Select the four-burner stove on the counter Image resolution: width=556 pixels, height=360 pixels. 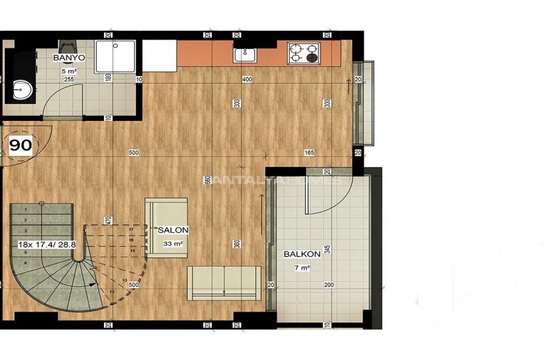(303, 52)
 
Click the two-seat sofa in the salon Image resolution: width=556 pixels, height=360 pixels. (224, 282)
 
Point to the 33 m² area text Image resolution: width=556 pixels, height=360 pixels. (173, 244)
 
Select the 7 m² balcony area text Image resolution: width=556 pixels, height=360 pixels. (302, 268)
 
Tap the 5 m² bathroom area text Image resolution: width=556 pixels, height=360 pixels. (69, 71)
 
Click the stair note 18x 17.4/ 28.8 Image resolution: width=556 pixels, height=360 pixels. (43, 243)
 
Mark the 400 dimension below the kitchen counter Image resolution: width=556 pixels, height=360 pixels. (247, 80)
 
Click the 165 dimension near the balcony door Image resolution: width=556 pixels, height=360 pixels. (309, 153)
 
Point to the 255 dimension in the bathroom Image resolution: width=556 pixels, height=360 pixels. (69, 79)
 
